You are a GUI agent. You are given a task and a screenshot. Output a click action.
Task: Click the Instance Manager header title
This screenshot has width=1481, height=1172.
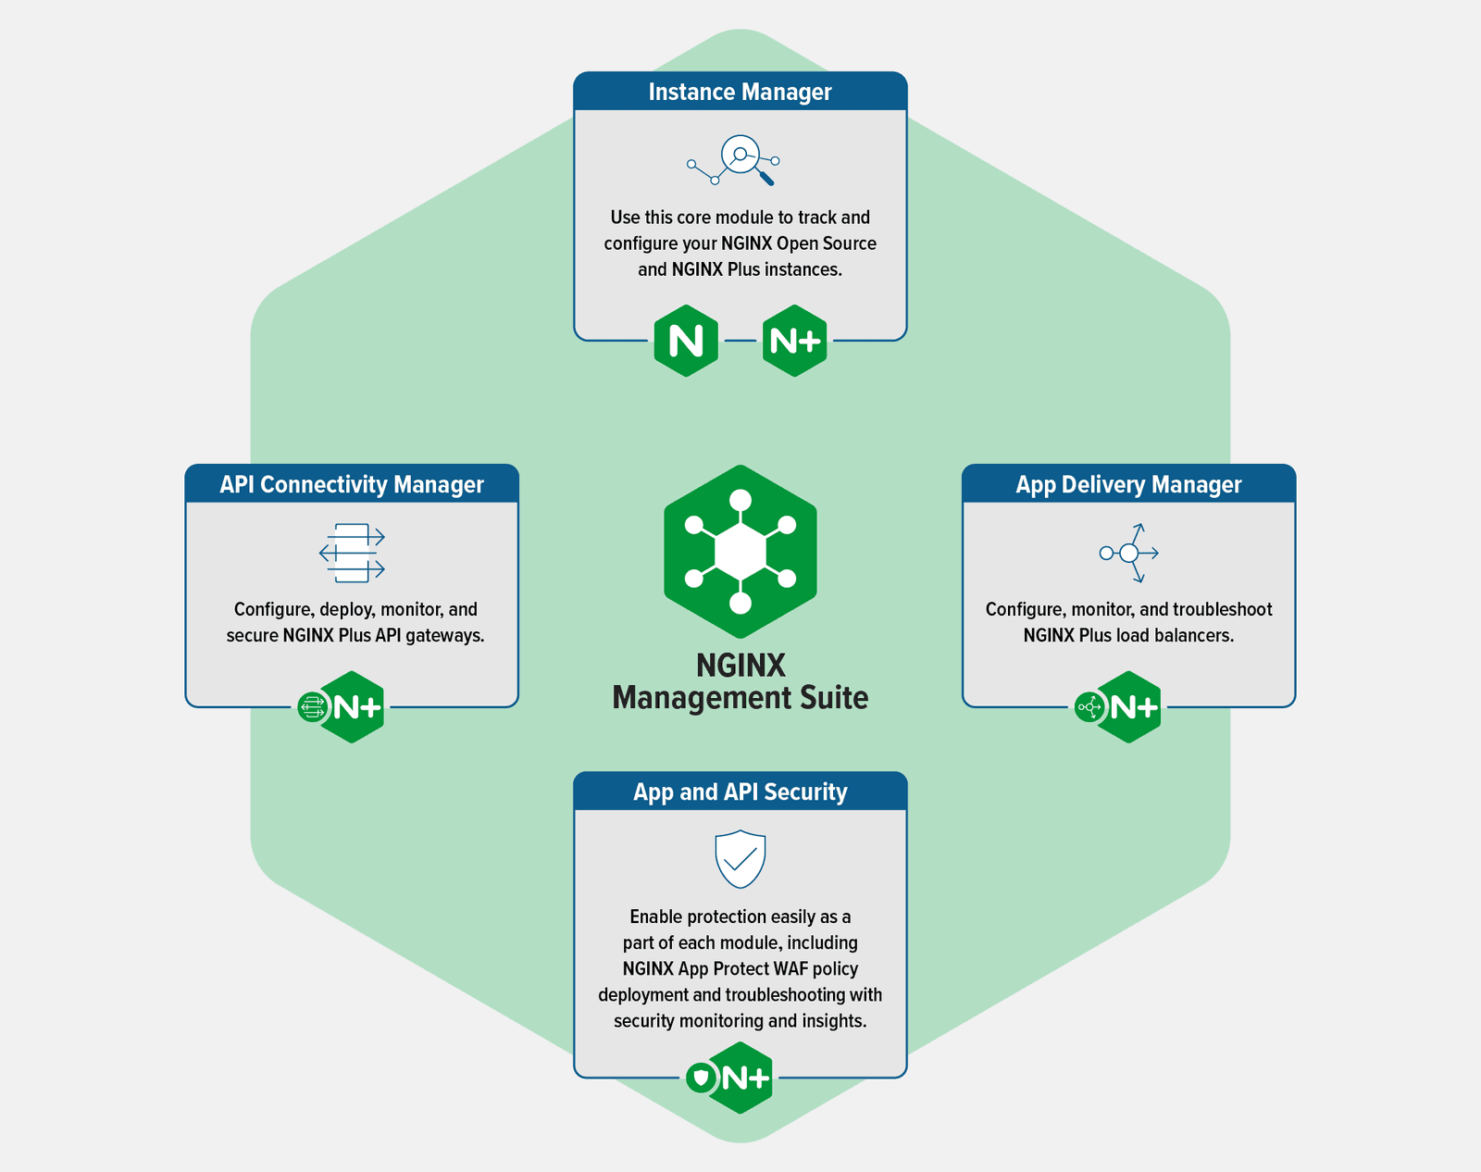point(740,92)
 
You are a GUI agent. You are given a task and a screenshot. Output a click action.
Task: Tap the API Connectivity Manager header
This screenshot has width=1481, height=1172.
point(352,484)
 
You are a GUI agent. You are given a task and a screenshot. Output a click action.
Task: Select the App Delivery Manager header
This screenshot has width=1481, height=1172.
point(1128,484)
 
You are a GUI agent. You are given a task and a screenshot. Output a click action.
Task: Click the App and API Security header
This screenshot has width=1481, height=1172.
point(740,792)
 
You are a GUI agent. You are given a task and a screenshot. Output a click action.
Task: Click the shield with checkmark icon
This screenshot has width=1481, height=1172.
point(740,858)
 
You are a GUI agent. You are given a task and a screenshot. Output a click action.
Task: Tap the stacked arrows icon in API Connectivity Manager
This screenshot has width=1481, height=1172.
point(352,553)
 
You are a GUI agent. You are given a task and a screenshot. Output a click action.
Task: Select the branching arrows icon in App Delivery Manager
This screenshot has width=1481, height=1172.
point(1129,553)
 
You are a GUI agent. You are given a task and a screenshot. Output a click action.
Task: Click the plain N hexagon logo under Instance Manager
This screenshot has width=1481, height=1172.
point(686,341)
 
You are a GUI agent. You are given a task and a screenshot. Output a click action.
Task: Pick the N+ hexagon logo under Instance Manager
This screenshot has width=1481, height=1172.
point(794,341)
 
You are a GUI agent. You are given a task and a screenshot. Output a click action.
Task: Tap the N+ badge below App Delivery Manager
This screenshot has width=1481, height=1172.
point(1132,707)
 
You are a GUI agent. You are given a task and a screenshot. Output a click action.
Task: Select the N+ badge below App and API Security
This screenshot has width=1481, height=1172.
point(744,1078)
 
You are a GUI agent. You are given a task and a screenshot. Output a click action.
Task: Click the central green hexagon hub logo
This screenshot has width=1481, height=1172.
point(740,552)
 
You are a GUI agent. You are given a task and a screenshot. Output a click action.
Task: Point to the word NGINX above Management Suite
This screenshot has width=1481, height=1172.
point(740,665)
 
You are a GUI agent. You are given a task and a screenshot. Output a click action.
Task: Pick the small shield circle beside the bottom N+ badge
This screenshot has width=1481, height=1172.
point(701,1078)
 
